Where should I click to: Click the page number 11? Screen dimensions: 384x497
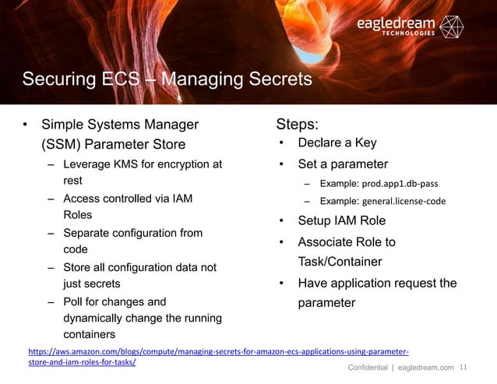point(467,368)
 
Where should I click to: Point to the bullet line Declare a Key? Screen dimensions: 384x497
point(337,143)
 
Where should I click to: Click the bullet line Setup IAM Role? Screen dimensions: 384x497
point(342,220)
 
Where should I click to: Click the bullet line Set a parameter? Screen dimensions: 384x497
point(342,164)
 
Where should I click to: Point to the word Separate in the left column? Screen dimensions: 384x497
point(86,233)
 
